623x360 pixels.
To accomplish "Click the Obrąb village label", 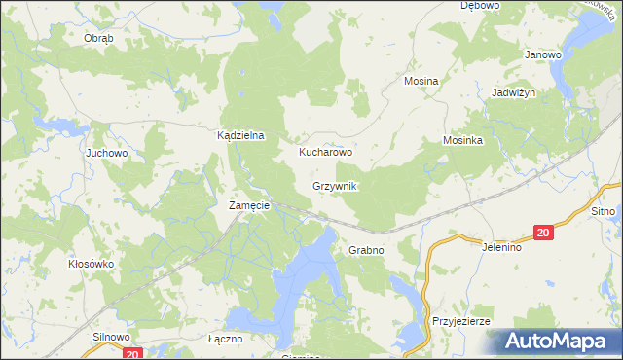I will click(98, 38).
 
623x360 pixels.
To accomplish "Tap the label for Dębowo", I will click(480, 6).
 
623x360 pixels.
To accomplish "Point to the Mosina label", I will click(421, 82).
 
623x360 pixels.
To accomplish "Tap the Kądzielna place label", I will click(240, 137).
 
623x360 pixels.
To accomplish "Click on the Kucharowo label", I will click(325, 153).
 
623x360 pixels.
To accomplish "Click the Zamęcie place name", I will click(248, 206).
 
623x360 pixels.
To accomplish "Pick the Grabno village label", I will click(366, 250).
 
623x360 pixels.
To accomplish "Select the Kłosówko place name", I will click(92, 264).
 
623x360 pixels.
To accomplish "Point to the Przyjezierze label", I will click(461, 321).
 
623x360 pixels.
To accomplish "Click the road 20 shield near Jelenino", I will click(543, 232).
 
